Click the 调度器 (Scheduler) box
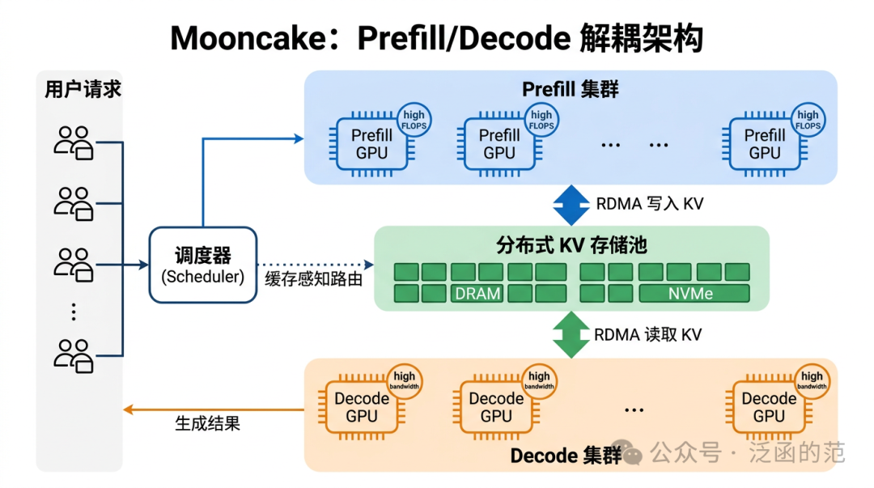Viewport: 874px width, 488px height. pos(202,265)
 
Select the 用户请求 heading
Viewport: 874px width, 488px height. pos(83,89)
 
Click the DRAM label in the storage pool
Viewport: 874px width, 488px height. pos(477,293)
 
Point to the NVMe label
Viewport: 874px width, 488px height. pos(692,293)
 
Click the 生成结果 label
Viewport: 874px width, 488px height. pos(208,422)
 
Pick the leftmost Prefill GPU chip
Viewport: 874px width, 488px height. pos(371,144)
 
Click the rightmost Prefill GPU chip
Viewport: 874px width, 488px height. pos(764,144)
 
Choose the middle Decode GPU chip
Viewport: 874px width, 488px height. pos(496,407)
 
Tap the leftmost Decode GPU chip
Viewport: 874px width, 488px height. pos(362,407)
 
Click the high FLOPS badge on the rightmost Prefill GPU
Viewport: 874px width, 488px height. pos(808,120)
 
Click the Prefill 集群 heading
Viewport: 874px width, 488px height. pos(570,89)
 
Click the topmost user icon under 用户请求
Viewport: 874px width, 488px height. pos(74,142)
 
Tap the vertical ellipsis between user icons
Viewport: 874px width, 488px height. pos(74,312)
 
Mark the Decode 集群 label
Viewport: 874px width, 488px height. pos(566,456)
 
